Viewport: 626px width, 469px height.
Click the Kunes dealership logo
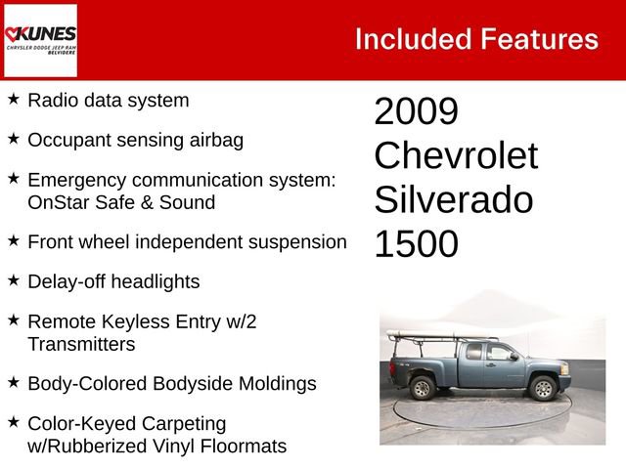point(40,40)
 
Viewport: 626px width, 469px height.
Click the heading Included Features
point(476,39)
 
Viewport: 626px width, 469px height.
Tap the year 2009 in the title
point(416,111)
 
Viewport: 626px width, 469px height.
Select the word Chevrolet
point(455,155)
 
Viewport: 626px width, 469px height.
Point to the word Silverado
point(453,199)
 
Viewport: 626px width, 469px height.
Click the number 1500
point(416,244)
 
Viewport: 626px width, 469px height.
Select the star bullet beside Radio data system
point(13,99)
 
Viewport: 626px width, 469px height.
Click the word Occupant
point(67,140)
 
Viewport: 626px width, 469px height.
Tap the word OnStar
point(60,203)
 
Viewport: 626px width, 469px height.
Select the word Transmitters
point(81,344)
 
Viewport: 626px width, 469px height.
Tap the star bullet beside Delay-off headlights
point(13,280)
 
